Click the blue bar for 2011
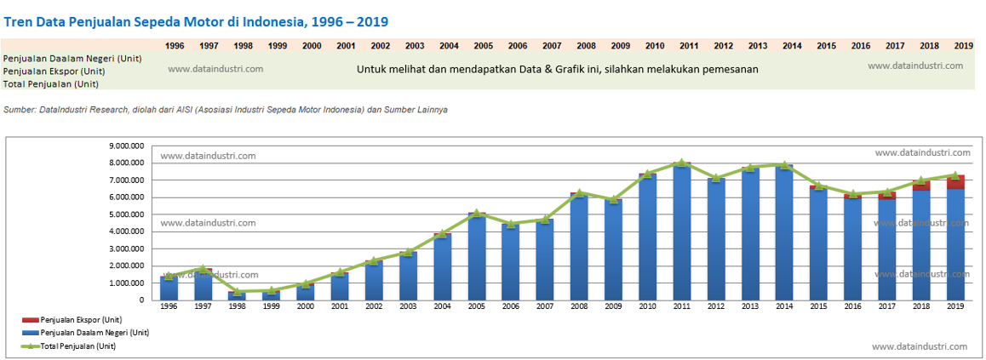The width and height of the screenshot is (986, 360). coord(682,234)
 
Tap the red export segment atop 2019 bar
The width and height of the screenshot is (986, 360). coord(955,182)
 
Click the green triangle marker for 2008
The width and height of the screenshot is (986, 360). coord(579,193)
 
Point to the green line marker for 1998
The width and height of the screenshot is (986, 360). coord(237,291)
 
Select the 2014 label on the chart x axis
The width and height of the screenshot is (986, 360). coord(784,307)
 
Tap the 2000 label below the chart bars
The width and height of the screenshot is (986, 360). coord(306,307)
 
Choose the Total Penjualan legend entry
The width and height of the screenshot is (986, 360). coord(77,346)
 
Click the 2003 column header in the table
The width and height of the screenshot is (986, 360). coord(415,45)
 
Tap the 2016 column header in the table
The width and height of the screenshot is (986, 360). coord(860,45)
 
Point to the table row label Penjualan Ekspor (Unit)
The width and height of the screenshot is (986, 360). coord(54,71)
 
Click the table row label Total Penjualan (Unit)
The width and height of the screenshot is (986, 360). coord(51,84)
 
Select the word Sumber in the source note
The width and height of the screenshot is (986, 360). coord(20,110)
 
